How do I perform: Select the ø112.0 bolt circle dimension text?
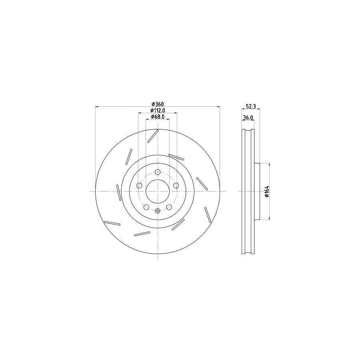pos(158,110)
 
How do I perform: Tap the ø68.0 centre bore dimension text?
pos(158,117)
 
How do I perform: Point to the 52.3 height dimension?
pos(250,106)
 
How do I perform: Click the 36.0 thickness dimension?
pos(248,118)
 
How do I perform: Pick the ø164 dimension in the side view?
pos(266,192)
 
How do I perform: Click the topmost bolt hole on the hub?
pos(157,172)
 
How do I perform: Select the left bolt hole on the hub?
pos(139,186)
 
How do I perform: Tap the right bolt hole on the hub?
pos(176,186)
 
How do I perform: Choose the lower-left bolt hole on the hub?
pos(146,207)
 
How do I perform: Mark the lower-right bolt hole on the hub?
pos(169,207)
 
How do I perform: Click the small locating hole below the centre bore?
pos(157,211)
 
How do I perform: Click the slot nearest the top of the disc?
pos(153,136)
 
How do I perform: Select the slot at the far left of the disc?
pos(118,192)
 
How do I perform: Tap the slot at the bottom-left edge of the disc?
pos(112,224)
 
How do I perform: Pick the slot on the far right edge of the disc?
pos(207,215)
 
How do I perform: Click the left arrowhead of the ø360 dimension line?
pos(97,107)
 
